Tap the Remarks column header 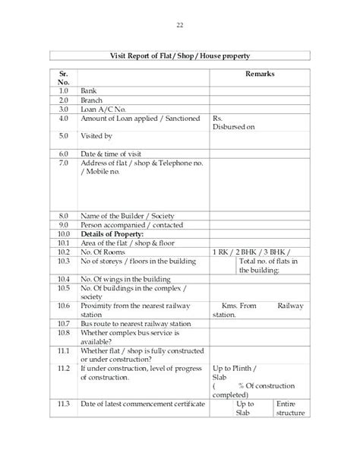click(x=260, y=74)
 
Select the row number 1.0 click(x=64, y=90)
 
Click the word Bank click(x=88, y=90)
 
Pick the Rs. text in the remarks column click(x=218, y=119)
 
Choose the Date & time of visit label click(x=111, y=152)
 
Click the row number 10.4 click(x=64, y=279)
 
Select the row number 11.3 click(x=64, y=403)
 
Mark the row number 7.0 click(x=64, y=163)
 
